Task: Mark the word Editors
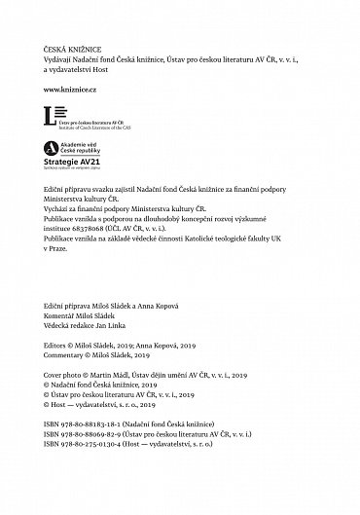coord(59,345)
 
